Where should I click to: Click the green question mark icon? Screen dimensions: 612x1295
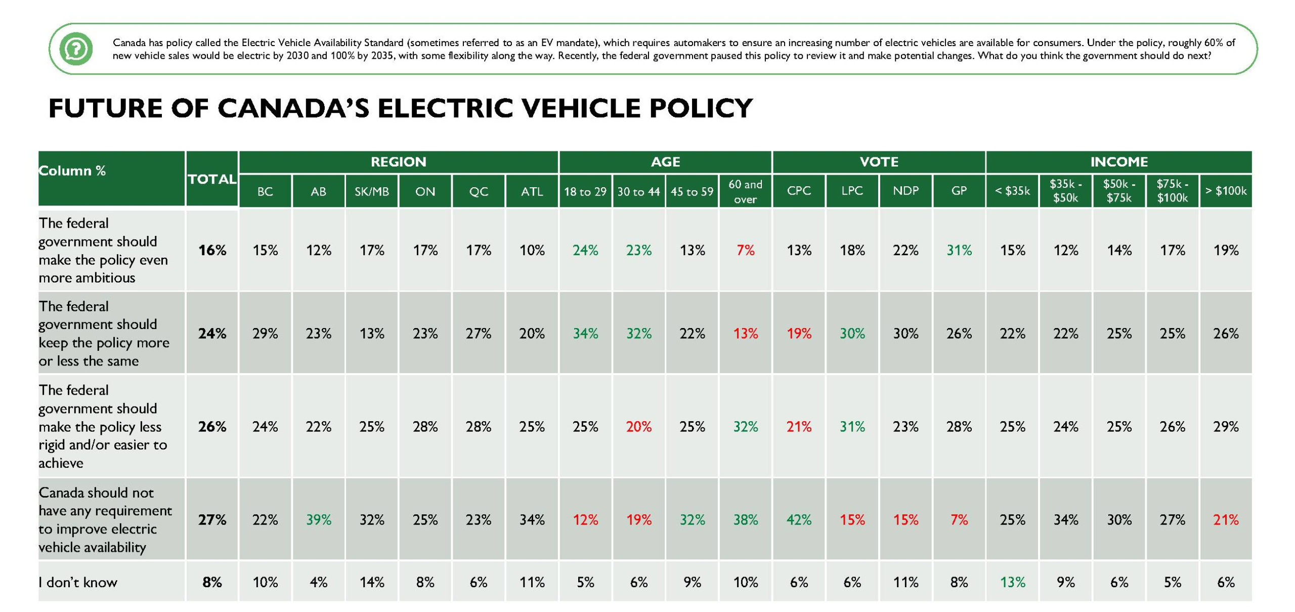[76, 49]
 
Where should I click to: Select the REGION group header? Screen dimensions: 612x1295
[398, 162]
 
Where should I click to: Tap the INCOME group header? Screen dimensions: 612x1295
[1118, 162]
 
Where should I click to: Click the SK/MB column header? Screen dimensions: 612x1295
[372, 191]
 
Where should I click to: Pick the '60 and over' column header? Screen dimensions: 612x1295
[745, 191]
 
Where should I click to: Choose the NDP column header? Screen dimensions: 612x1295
[905, 191]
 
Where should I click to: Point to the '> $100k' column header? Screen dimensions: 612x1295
[1226, 191]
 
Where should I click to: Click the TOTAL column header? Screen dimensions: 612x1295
[212, 179]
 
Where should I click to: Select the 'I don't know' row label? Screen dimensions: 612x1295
[78, 582]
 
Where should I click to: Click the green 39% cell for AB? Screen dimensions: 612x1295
[319, 520]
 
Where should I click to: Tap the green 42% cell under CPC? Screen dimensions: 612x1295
[799, 520]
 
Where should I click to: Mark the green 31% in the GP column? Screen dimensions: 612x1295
[959, 250]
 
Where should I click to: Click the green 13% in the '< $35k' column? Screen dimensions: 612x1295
[1012, 582]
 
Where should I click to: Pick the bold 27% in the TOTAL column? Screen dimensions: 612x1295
[212, 520]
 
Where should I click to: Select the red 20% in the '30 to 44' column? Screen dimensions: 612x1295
[638, 427]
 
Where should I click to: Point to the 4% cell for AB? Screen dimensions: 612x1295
[319, 582]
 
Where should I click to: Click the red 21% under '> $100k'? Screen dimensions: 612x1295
[1226, 520]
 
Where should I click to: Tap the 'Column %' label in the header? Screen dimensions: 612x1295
[72, 171]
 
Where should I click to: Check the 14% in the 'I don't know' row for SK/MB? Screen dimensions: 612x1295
[372, 582]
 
